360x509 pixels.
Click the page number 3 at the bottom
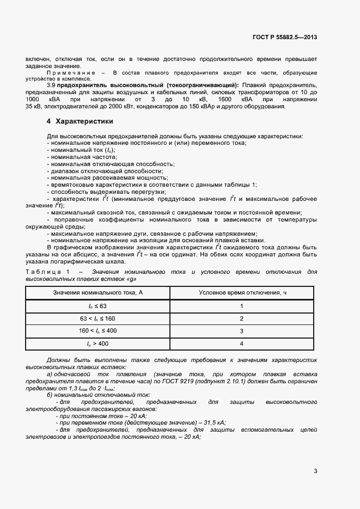[315, 471]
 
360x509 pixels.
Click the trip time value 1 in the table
[241, 306]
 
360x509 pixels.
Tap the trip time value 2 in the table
[241, 318]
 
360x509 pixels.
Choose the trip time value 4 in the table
[241, 344]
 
